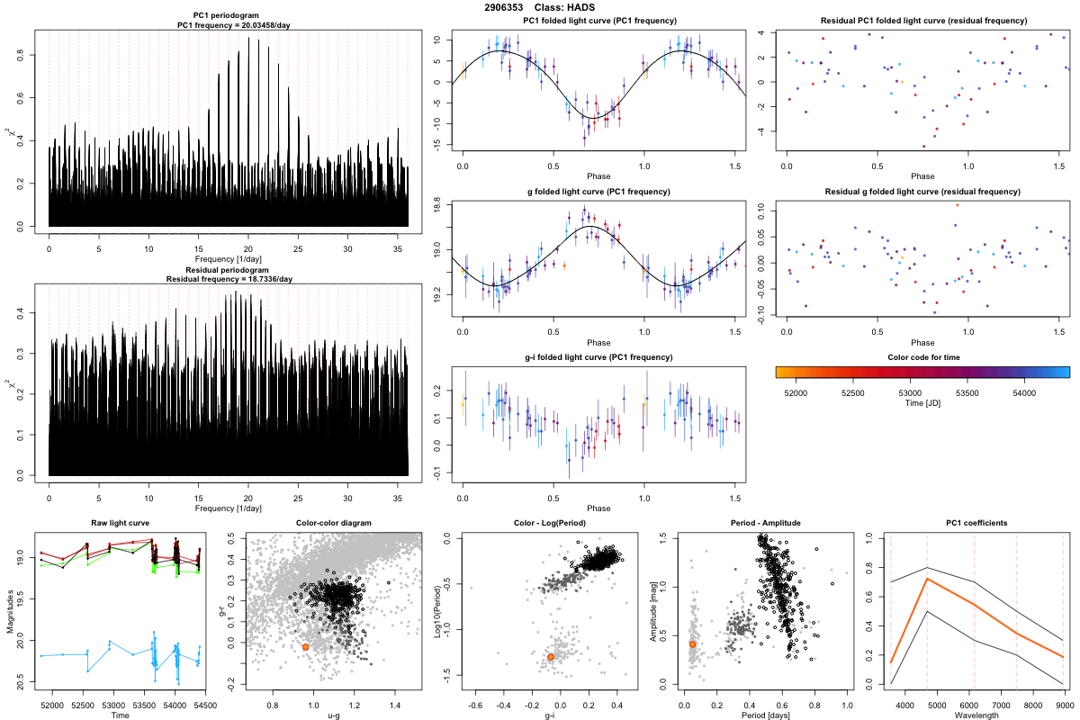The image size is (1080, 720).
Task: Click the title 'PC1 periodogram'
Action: [x=229, y=17]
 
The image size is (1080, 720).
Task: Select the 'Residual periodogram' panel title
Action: [x=229, y=270]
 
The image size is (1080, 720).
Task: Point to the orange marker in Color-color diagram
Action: [x=306, y=647]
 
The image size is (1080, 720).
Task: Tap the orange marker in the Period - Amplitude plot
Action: [x=692, y=644]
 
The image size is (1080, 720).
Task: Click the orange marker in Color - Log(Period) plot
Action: [x=550, y=657]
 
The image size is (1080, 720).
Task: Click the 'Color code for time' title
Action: [x=922, y=357]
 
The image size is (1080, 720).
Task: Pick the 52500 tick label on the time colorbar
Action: [x=853, y=393]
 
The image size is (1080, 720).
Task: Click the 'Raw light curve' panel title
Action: [x=120, y=524]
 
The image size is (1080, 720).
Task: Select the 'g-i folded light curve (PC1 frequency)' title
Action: [x=598, y=357]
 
